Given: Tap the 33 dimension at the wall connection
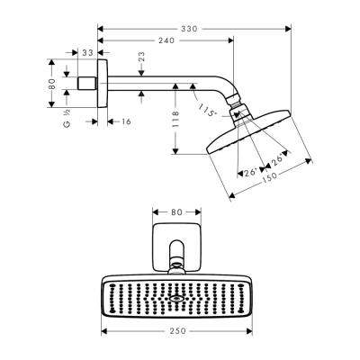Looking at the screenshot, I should coord(87,53).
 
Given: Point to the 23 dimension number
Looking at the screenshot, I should coord(141,58).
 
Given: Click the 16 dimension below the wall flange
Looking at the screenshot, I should coord(124,121).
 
